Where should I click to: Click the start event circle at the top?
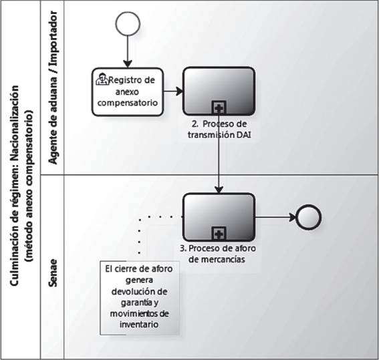pyautogui.click(x=128, y=23)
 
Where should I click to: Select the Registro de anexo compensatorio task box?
pyautogui.click(x=128, y=92)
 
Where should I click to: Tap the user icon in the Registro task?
pyautogui.click(x=102, y=79)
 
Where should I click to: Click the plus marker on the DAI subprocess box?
pyautogui.click(x=219, y=108)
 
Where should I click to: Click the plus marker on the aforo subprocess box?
pyautogui.click(x=219, y=234)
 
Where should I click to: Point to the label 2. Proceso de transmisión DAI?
pyautogui.click(x=219, y=129)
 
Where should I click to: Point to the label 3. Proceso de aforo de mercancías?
pyautogui.click(x=217, y=254)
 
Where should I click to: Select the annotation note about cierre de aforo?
pyautogui.click(x=140, y=298)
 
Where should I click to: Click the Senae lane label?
pyautogui.click(x=53, y=273)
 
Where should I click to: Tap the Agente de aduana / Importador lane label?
pyautogui.click(x=53, y=87)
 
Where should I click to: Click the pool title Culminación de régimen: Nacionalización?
pyautogui.click(x=15, y=186)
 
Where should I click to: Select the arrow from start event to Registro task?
pyautogui.click(x=128, y=51)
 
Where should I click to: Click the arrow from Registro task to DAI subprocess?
pyautogui.click(x=173, y=92)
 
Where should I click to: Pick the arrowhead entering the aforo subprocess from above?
pyautogui.click(x=219, y=190)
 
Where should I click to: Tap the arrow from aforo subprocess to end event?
pyautogui.click(x=276, y=217)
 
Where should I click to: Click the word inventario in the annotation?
pyautogui.click(x=139, y=324)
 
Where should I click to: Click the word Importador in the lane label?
pyautogui.click(x=53, y=39)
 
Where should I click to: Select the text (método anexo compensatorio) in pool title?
pyautogui.click(x=29, y=186)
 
